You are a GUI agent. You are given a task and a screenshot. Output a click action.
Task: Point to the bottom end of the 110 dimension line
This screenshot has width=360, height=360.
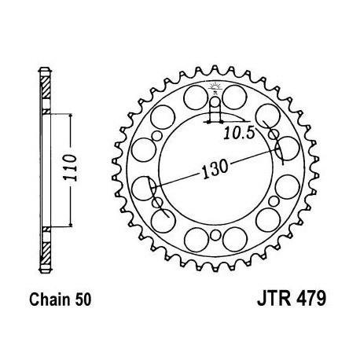click(x=72, y=225)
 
